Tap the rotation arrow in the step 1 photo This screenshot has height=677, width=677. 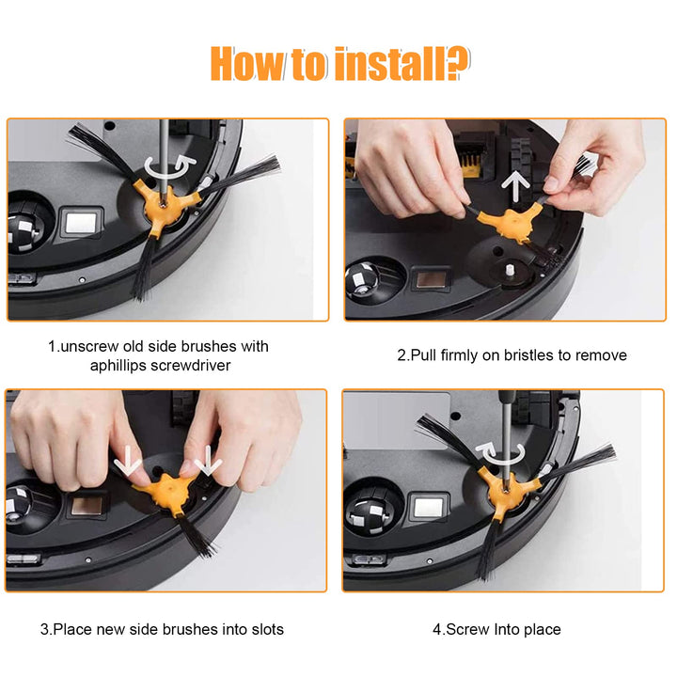(x=169, y=165)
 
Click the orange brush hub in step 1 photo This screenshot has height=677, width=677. (x=165, y=204)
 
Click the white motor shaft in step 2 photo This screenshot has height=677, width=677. (x=510, y=271)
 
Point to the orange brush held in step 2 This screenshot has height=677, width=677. (x=511, y=220)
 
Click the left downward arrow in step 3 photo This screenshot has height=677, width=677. (x=128, y=460)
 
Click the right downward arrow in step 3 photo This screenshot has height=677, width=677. (x=208, y=460)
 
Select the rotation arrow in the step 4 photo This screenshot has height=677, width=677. (x=499, y=453)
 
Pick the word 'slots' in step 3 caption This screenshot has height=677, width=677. (x=267, y=629)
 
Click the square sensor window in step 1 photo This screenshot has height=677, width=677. (x=81, y=223)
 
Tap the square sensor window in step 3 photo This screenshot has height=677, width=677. (x=87, y=505)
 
